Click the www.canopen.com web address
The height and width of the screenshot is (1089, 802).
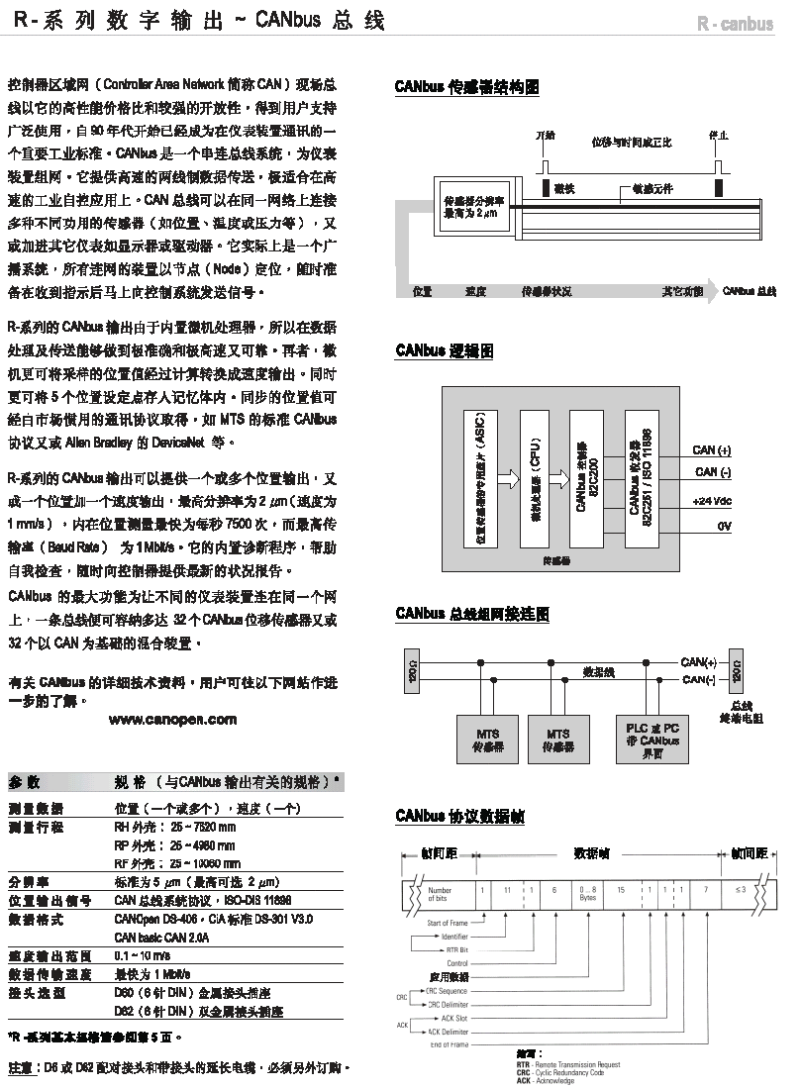pos(173,718)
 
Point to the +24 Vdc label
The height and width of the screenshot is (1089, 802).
pos(712,501)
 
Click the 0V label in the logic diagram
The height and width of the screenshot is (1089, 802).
pos(724,526)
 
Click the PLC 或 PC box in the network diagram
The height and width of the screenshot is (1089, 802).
pos(647,740)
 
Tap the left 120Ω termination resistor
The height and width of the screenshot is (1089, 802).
pos(413,672)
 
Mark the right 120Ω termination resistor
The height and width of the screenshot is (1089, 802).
pos(735,672)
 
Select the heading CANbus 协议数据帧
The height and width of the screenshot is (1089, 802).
pos(459,817)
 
